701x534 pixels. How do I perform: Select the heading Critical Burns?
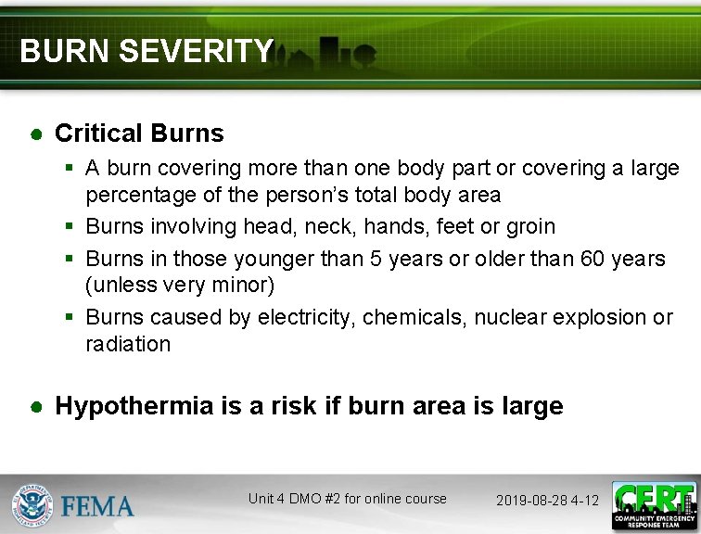point(139,133)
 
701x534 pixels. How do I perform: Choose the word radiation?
point(128,344)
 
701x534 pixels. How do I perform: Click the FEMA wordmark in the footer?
point(97,505)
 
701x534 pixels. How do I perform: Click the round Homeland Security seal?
point(32,505)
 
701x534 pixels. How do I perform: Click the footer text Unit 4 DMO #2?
point(297,499)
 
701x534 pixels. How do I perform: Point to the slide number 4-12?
point(585,501)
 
